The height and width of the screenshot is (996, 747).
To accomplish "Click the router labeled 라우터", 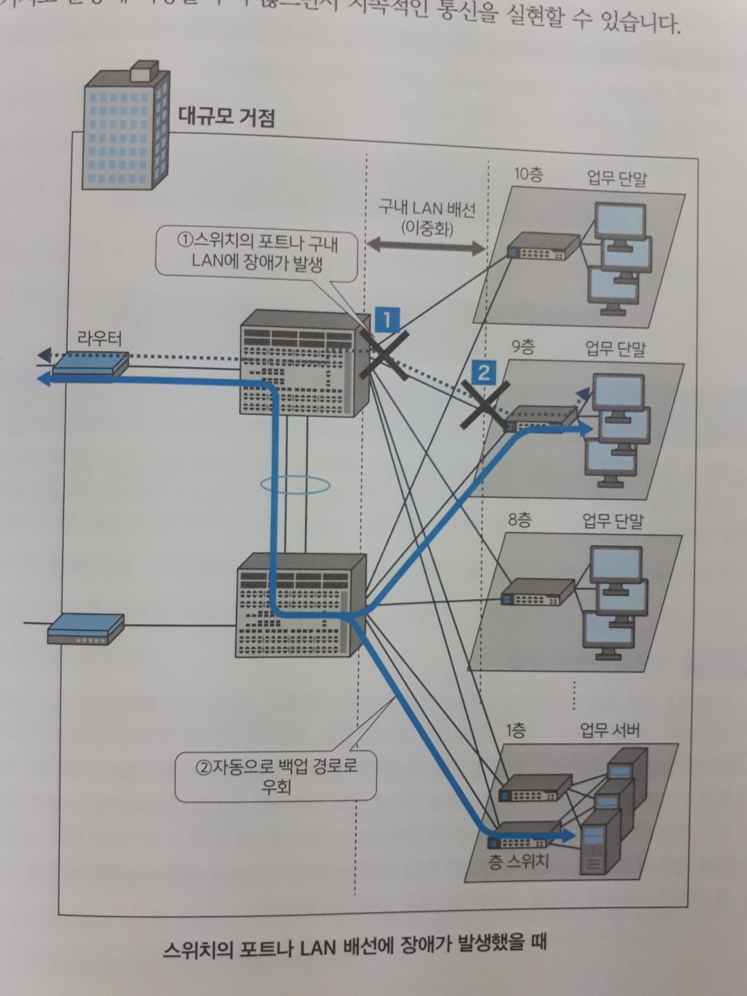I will pos(90,362).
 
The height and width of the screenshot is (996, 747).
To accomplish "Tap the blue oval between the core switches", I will pos(294,485).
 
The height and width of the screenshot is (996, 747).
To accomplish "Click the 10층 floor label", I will pos(528,174).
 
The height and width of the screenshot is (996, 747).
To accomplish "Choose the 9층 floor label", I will pos(523,347).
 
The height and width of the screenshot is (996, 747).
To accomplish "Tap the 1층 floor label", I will pos(515,730).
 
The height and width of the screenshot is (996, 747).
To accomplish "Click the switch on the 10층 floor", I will pos(542,246).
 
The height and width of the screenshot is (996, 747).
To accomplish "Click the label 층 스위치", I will pos(519,861).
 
